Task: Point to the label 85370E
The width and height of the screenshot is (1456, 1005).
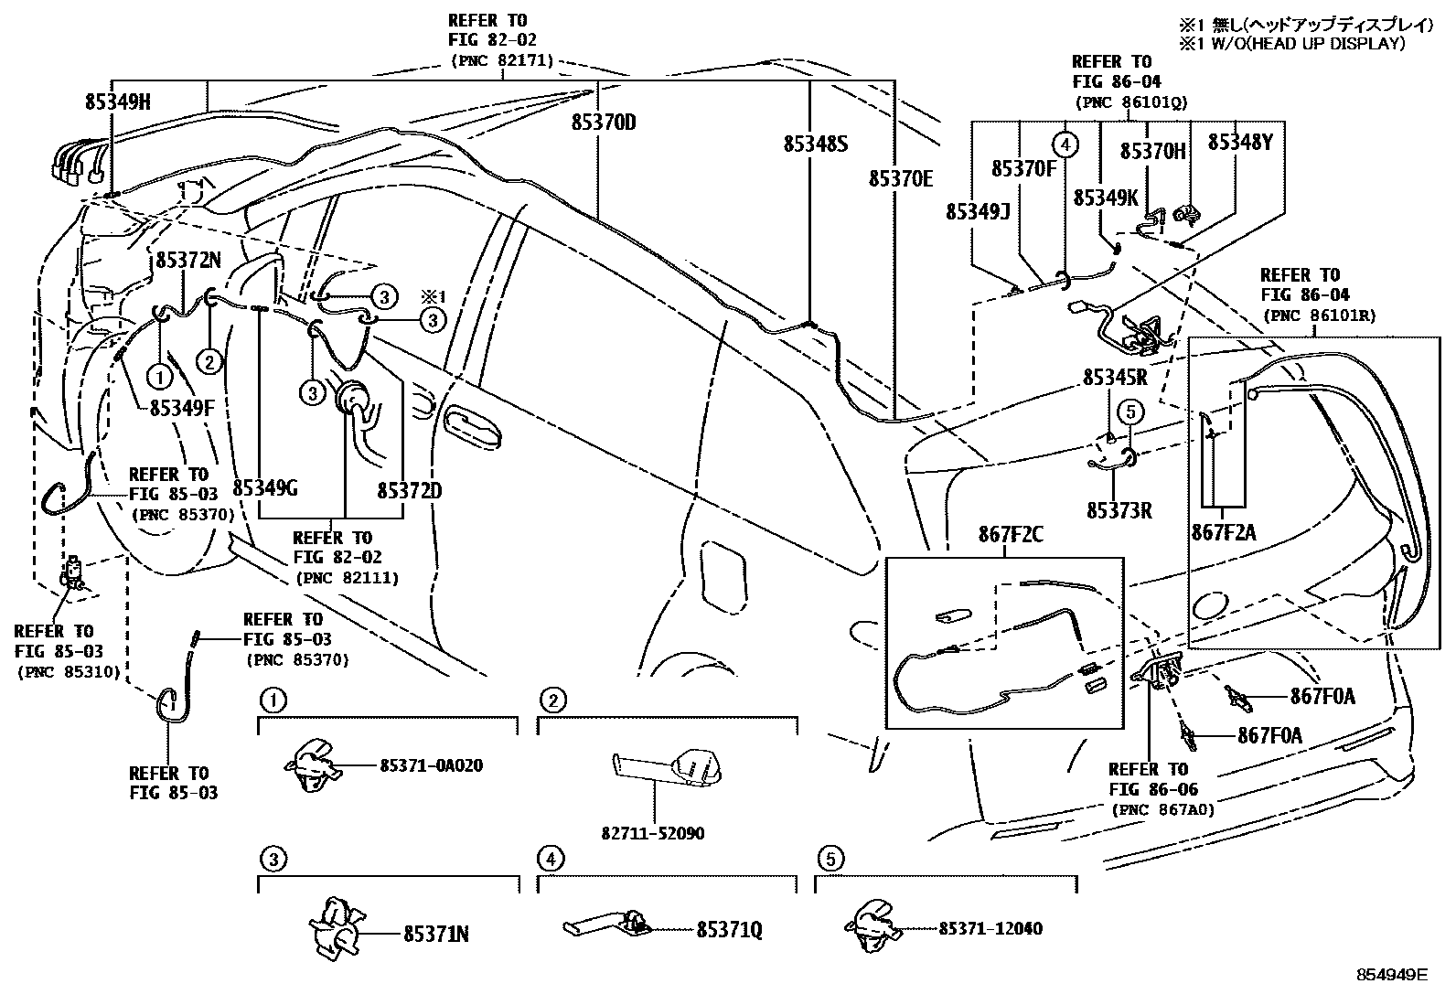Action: (901, 179)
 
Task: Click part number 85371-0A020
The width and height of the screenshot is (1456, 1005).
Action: (431, 765)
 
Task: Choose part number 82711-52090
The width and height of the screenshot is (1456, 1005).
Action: (653, 833)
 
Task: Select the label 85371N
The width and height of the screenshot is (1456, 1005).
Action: (436, 934)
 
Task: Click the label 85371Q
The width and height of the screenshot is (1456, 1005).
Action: (729, 930)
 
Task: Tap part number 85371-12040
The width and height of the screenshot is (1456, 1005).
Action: (990, 928)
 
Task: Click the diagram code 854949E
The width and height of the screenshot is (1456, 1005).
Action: (1391, 975)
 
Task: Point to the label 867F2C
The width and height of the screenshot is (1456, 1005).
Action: (1011, 535)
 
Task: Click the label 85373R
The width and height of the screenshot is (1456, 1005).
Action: (1119, 510)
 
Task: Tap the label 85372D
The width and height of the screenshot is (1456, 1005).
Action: (409, 491)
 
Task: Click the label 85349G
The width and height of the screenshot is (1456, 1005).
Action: (265, 487)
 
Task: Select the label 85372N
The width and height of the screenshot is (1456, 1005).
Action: (188, 260)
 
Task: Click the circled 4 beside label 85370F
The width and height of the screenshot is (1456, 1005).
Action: (1065, 144)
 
